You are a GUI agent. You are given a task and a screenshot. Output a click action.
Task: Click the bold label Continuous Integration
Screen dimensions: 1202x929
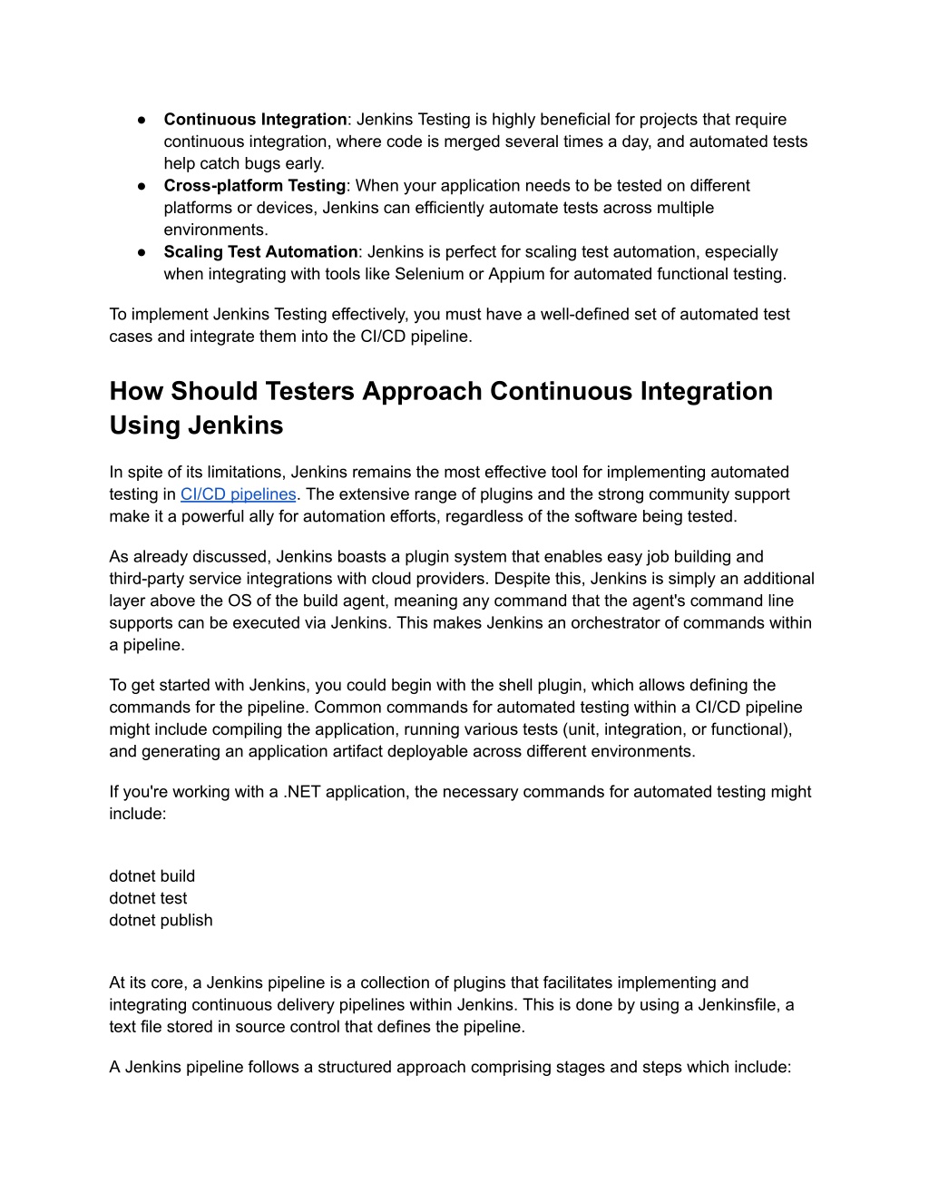pyautogui.click(x=255, y=120)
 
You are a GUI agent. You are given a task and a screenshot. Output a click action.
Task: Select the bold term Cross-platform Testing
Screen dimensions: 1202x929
pyautogui.click(x=254, y=186)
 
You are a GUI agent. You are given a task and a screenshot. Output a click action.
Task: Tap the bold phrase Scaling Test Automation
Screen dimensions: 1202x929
pyautogui.click(x=260, y=252)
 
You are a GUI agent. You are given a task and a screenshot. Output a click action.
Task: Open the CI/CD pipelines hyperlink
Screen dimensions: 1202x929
pyautogui.click(x=239, y=494)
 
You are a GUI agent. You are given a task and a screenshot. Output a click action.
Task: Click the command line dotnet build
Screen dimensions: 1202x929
pyautogui.click(x=152, y=876)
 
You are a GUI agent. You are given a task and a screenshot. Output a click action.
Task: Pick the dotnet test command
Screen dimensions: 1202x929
pyautogui.click(x=148, y=898)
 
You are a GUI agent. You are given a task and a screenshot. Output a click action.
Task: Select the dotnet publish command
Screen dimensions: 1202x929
pyautogui.click(x=161, y=921)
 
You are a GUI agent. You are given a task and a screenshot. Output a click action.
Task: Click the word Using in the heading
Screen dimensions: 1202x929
pyautogui.click(x=145, y=425)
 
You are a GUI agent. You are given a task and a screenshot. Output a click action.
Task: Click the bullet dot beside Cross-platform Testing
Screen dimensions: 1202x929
pyautogui.click(x=143, y=186)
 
